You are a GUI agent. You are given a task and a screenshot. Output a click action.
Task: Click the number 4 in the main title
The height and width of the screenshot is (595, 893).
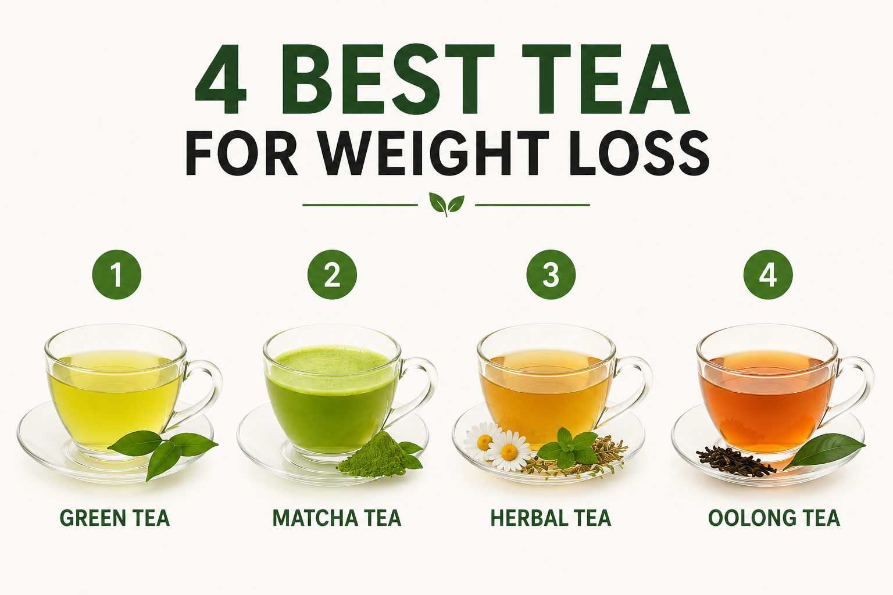pos(220,79)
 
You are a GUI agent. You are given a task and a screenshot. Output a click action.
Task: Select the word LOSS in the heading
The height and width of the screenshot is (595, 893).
pos(639,153)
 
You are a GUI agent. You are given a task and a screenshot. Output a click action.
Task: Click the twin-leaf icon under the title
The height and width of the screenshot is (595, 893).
pos(446,204)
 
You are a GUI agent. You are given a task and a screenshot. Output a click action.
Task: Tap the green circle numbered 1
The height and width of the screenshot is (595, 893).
pos(116,274)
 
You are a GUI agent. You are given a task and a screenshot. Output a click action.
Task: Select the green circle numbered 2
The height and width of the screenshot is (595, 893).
pos(332,274)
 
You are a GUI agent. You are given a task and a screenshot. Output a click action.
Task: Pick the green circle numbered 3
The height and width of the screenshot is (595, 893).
pos(551,274)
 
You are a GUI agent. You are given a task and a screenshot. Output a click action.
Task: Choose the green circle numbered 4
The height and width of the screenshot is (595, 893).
pos(768,274)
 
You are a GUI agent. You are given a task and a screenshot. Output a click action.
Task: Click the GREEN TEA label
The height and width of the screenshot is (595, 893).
pos(115,518)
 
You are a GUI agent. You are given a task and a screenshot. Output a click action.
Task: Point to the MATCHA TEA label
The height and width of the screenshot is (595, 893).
pos(337,518)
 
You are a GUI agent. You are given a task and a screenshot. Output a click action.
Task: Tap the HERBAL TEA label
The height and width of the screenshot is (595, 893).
pos(551,518)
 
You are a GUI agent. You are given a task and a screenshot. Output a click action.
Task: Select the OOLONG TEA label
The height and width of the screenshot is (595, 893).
pos(774,518)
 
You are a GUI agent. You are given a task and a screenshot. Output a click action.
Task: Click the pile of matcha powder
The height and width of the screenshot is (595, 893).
pos(375,456)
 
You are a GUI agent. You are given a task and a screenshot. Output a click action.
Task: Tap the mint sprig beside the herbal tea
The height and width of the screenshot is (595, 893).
pos(567,448)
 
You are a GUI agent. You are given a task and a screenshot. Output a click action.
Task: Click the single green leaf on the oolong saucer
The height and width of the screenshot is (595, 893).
pos(823,450)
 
